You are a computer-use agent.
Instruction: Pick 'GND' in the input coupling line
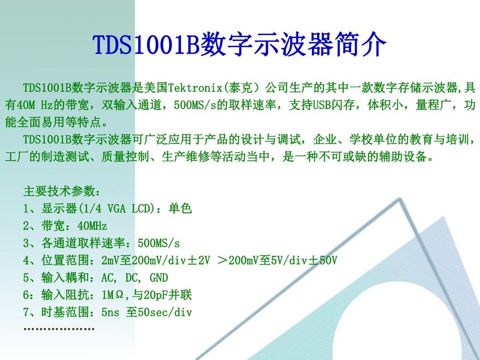coord(159,278)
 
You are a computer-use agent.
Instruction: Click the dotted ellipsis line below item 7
coord(59,329)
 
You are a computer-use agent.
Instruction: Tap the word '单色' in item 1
coord(181,209)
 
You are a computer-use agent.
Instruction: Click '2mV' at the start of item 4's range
coord(110,260)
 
